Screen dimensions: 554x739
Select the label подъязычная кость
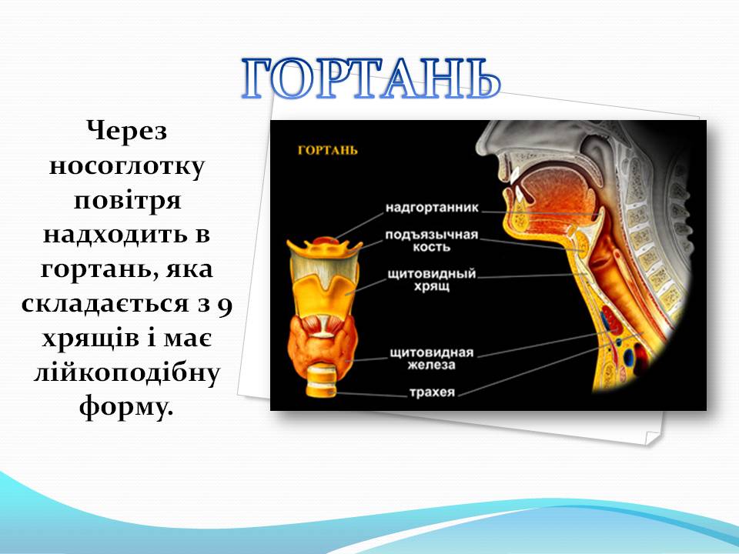pyautogui.click(x=432, y=241)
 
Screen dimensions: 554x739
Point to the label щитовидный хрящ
pyautogui.click(x=432, y=279)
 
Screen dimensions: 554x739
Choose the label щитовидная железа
pyautogui.click(x=432, y=358)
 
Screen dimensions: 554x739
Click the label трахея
pyautogui.click(x=432, y=393)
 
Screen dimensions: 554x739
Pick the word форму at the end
pyautogui.click(x=121, y=408)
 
